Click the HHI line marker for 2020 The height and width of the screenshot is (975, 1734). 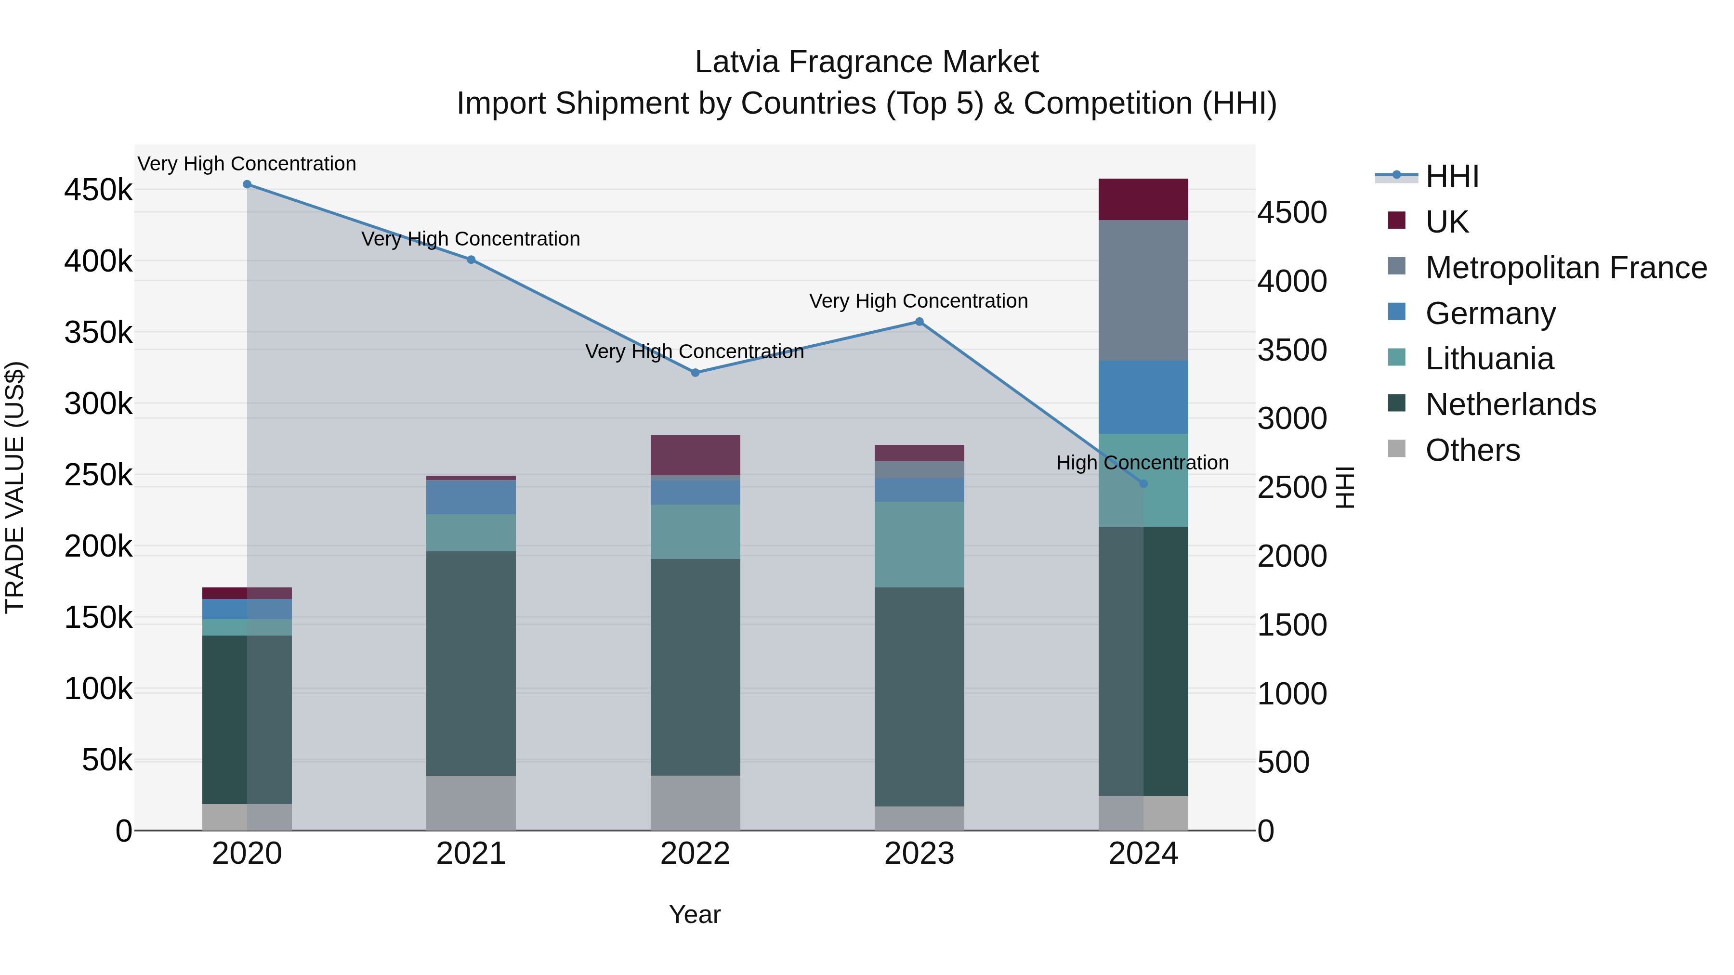[x=247, y=184]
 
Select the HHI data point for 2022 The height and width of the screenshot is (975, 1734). [x=696, y=372]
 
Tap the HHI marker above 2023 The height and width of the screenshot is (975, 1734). [x=920, y=322]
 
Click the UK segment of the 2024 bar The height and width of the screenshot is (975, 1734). [x=1143, y=199]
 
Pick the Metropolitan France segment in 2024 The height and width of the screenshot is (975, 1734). [x=1143, y=290]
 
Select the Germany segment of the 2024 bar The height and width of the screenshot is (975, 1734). [x=1143, y=397]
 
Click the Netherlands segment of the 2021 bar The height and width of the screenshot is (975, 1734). [x=471, y=663]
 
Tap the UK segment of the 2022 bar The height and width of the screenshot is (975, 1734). [x=696, y=455]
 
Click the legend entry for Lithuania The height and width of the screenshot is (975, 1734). [x=1489, y=359]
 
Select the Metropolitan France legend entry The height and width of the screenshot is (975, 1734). [x=1566, y=268]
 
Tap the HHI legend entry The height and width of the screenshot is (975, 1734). [x=1451, y=176]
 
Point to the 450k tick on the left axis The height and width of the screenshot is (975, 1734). [x=98, y=190]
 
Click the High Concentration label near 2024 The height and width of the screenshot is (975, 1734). [x=1143, y=463]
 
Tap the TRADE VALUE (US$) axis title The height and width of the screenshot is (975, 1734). [x=15, y=487]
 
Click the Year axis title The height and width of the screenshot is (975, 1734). [x=695, y=914]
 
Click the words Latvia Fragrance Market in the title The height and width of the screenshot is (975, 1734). [x=867, y=62]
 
